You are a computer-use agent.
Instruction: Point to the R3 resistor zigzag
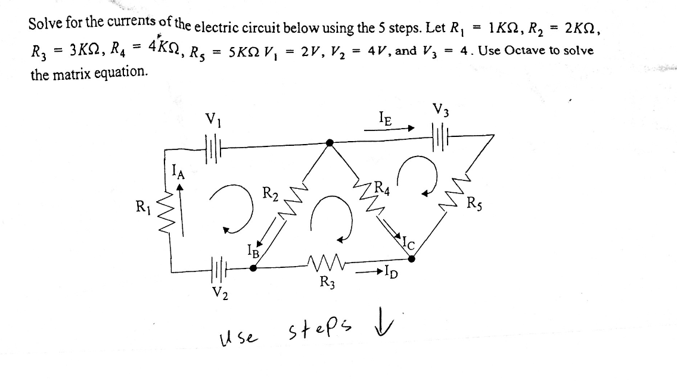coord(327,261)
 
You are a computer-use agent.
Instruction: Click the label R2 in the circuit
coord(271,193)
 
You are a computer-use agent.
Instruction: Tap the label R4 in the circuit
coord(382,188)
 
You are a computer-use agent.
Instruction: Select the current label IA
coord(178,171)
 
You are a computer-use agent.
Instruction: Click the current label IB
coord(253,250)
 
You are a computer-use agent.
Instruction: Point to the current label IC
coord(408,244)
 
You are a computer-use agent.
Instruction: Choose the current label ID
coord(391,273)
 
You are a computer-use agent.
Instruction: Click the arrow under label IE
coord(389,128)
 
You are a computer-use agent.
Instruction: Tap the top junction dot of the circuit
coord(330,143)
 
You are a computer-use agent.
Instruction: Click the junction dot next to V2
coord(253,268)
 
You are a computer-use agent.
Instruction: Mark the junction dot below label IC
coord(411,258)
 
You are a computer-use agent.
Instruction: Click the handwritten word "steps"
coord(320,329)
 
